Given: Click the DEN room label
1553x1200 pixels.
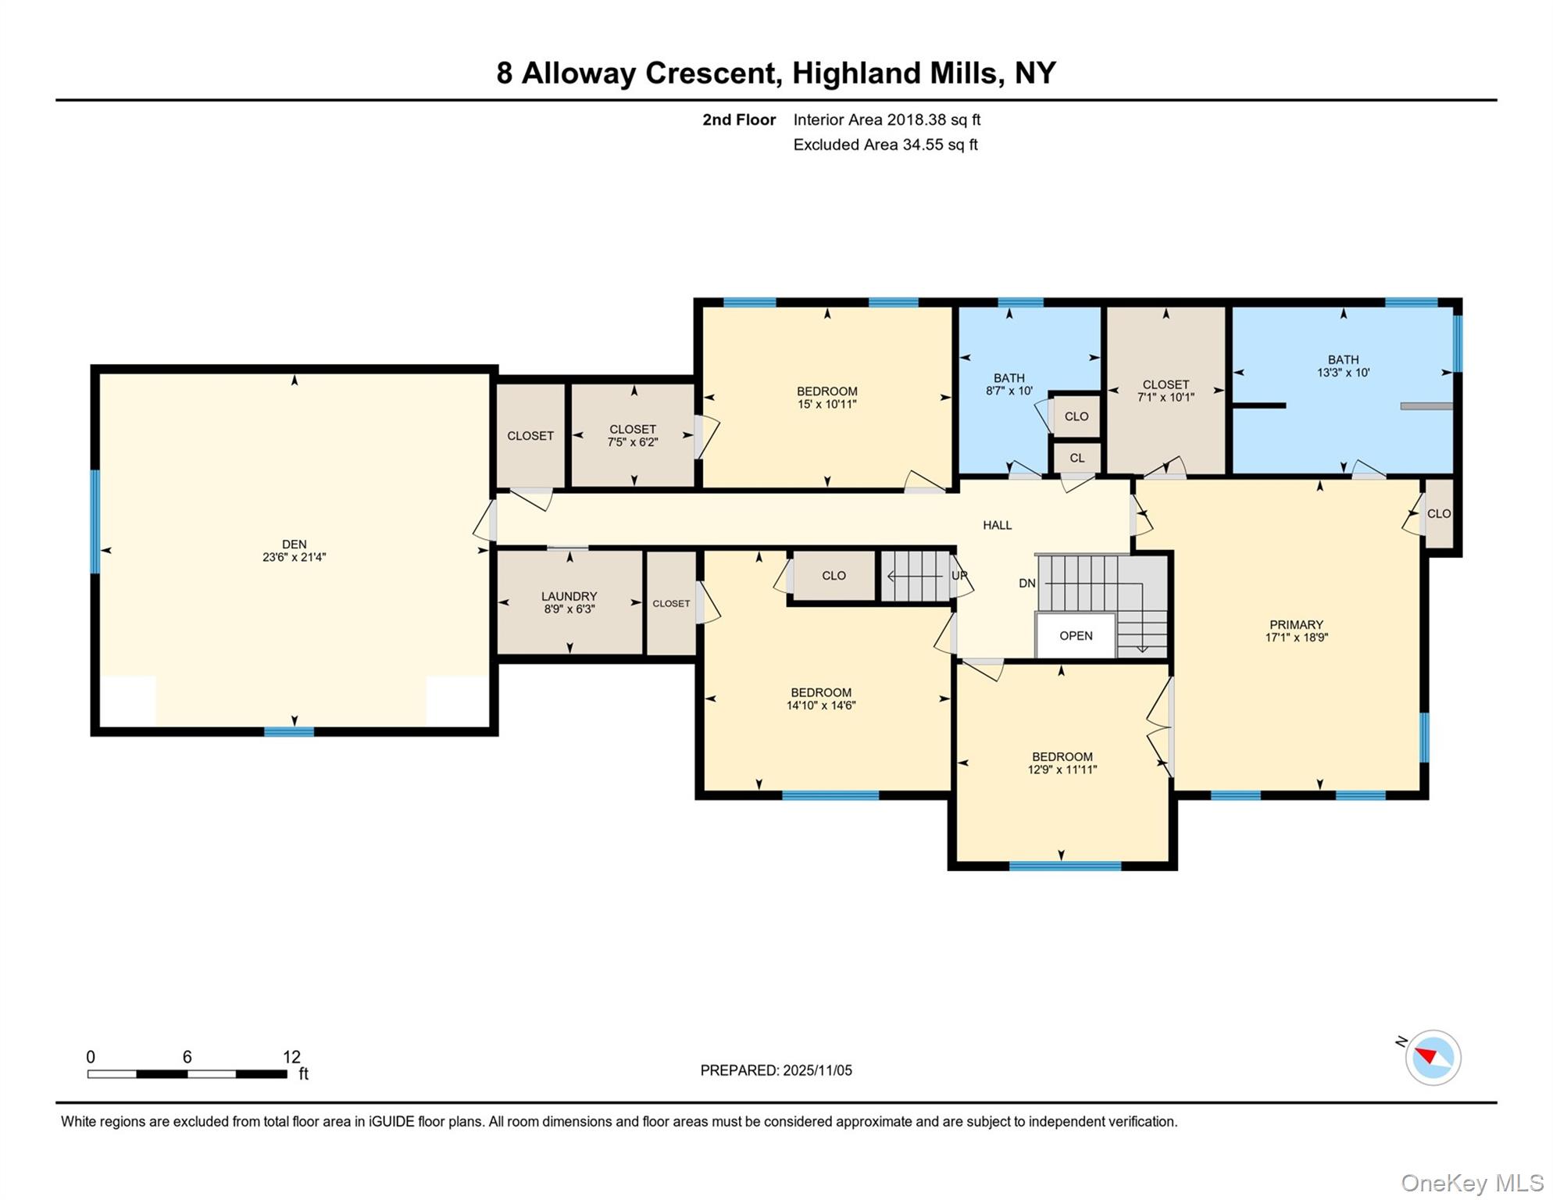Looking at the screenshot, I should coord(294,544).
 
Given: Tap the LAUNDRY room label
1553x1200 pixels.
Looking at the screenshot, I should coord(569,596).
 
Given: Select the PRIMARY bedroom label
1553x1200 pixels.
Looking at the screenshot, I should coord(1296,624).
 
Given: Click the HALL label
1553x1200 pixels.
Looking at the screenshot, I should coord(997,525).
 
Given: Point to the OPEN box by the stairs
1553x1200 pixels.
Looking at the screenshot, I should coord(1076,636).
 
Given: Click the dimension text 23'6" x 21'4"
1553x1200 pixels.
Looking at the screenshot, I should coord(294,557).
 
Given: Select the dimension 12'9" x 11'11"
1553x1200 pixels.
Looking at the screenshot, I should coord(1062,770).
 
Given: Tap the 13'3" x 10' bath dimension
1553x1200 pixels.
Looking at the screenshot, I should coord(1343,373).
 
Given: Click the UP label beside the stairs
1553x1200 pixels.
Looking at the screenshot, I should coord(959,576).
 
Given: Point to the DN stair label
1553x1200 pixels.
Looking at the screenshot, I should coord(1026,584).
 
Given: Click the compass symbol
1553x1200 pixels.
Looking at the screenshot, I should coord(1433,1058).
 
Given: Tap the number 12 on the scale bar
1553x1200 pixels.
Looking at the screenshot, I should coord(291,1057).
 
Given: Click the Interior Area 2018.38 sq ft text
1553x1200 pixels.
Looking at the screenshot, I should coord(887,120).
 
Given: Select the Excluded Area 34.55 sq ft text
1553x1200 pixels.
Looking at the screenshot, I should coord(885,145).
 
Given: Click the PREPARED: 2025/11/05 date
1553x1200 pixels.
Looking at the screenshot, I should coord(776,1070).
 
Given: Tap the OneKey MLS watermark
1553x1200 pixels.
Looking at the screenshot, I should coord(1471,1183).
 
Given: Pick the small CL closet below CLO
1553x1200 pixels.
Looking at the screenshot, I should coord(1076,458).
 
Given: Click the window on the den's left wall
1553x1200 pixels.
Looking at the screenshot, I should coord(95,521).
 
